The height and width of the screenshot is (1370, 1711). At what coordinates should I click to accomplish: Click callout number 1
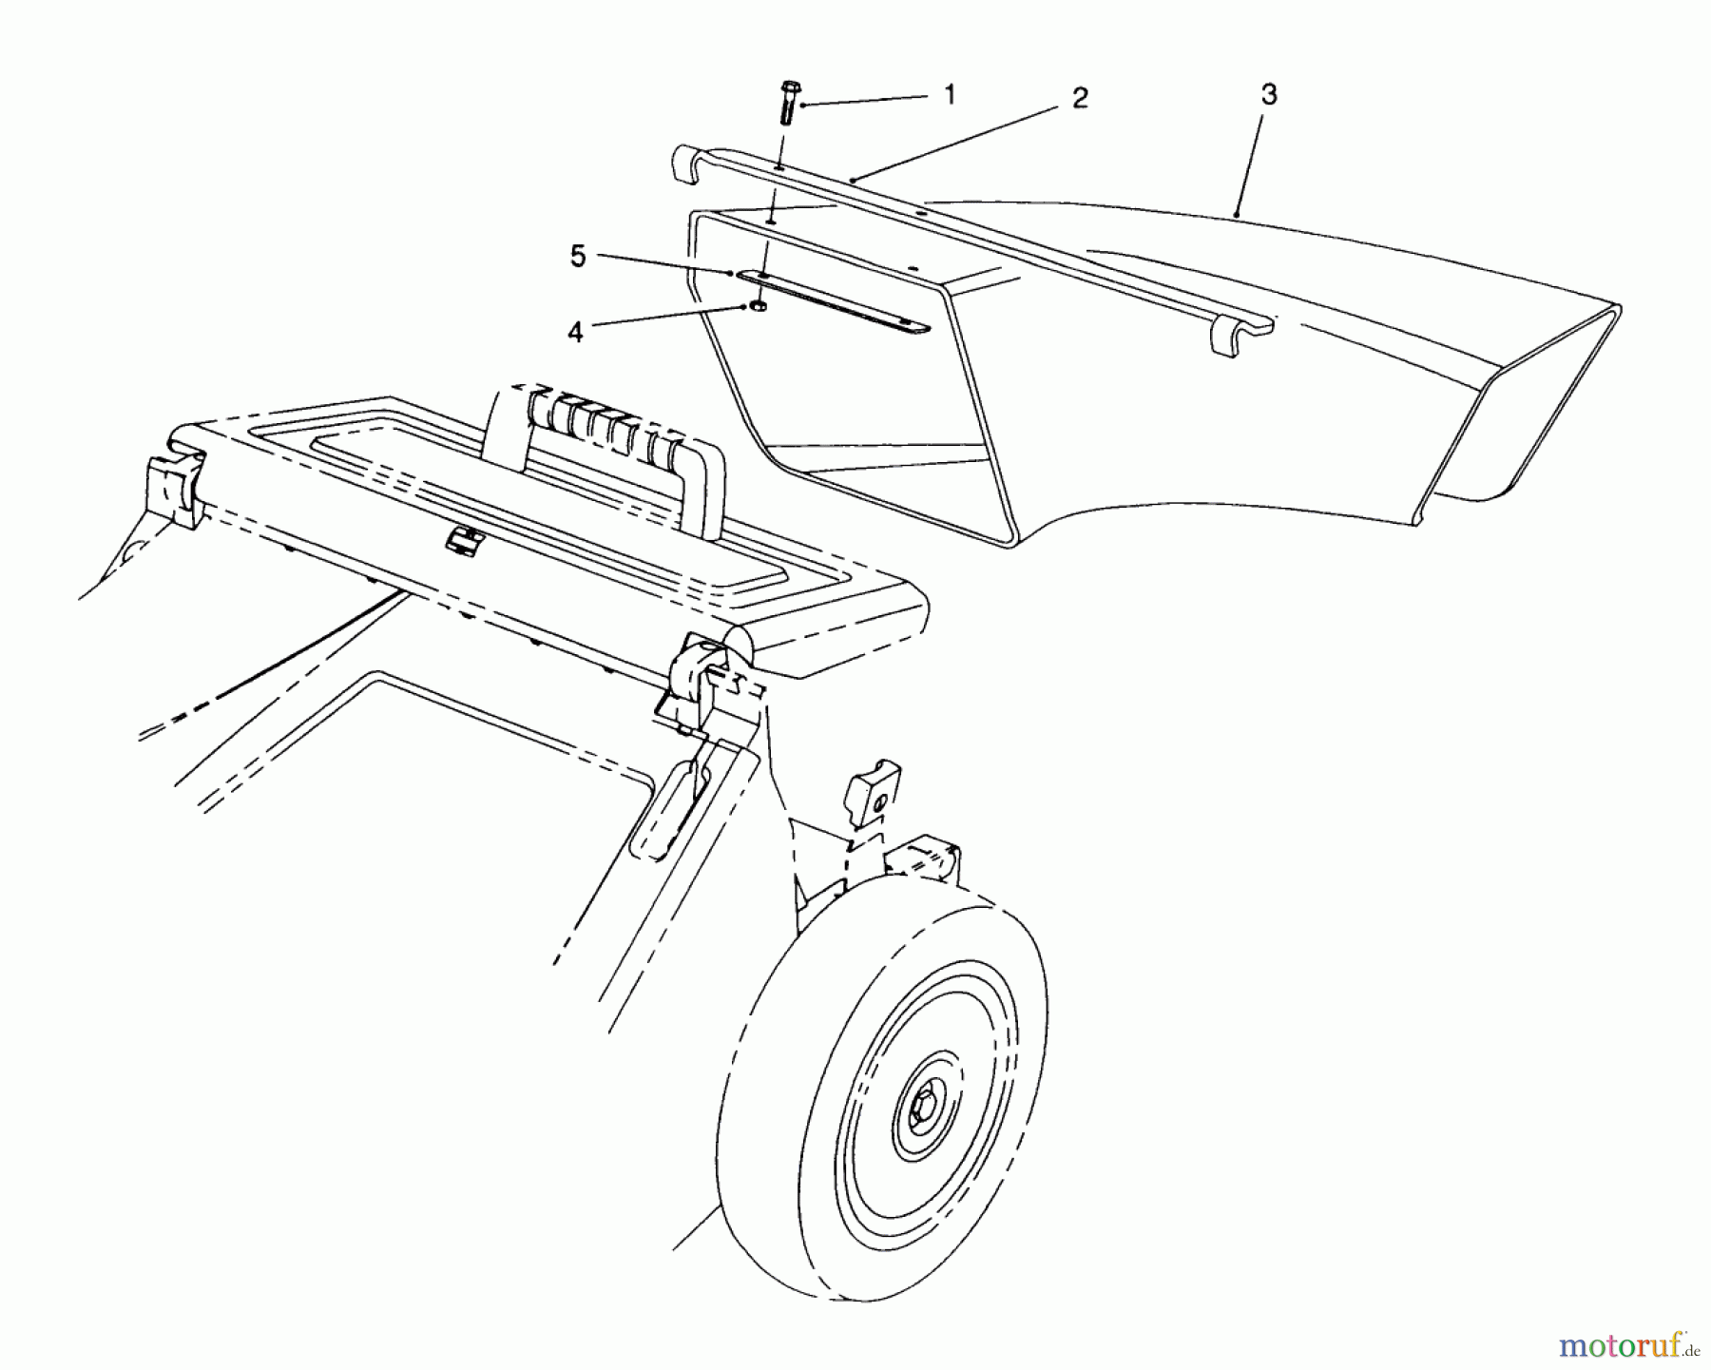pos(949,93)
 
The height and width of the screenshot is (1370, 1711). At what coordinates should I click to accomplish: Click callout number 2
pos(1080,98)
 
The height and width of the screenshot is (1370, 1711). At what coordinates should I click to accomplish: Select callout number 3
pos(1270,94)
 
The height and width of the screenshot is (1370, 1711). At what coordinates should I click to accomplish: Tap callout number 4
pos(576,334)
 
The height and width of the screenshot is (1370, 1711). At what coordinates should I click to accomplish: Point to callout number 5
pos(578,257)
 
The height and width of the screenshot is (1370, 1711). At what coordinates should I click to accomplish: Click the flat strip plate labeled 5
pos(836,302)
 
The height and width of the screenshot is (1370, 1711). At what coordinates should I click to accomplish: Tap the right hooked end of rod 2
pos(1237,338)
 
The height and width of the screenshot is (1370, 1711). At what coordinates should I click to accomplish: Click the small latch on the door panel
pos(465,540)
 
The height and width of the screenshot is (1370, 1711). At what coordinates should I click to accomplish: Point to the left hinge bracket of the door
pos(174,490)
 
